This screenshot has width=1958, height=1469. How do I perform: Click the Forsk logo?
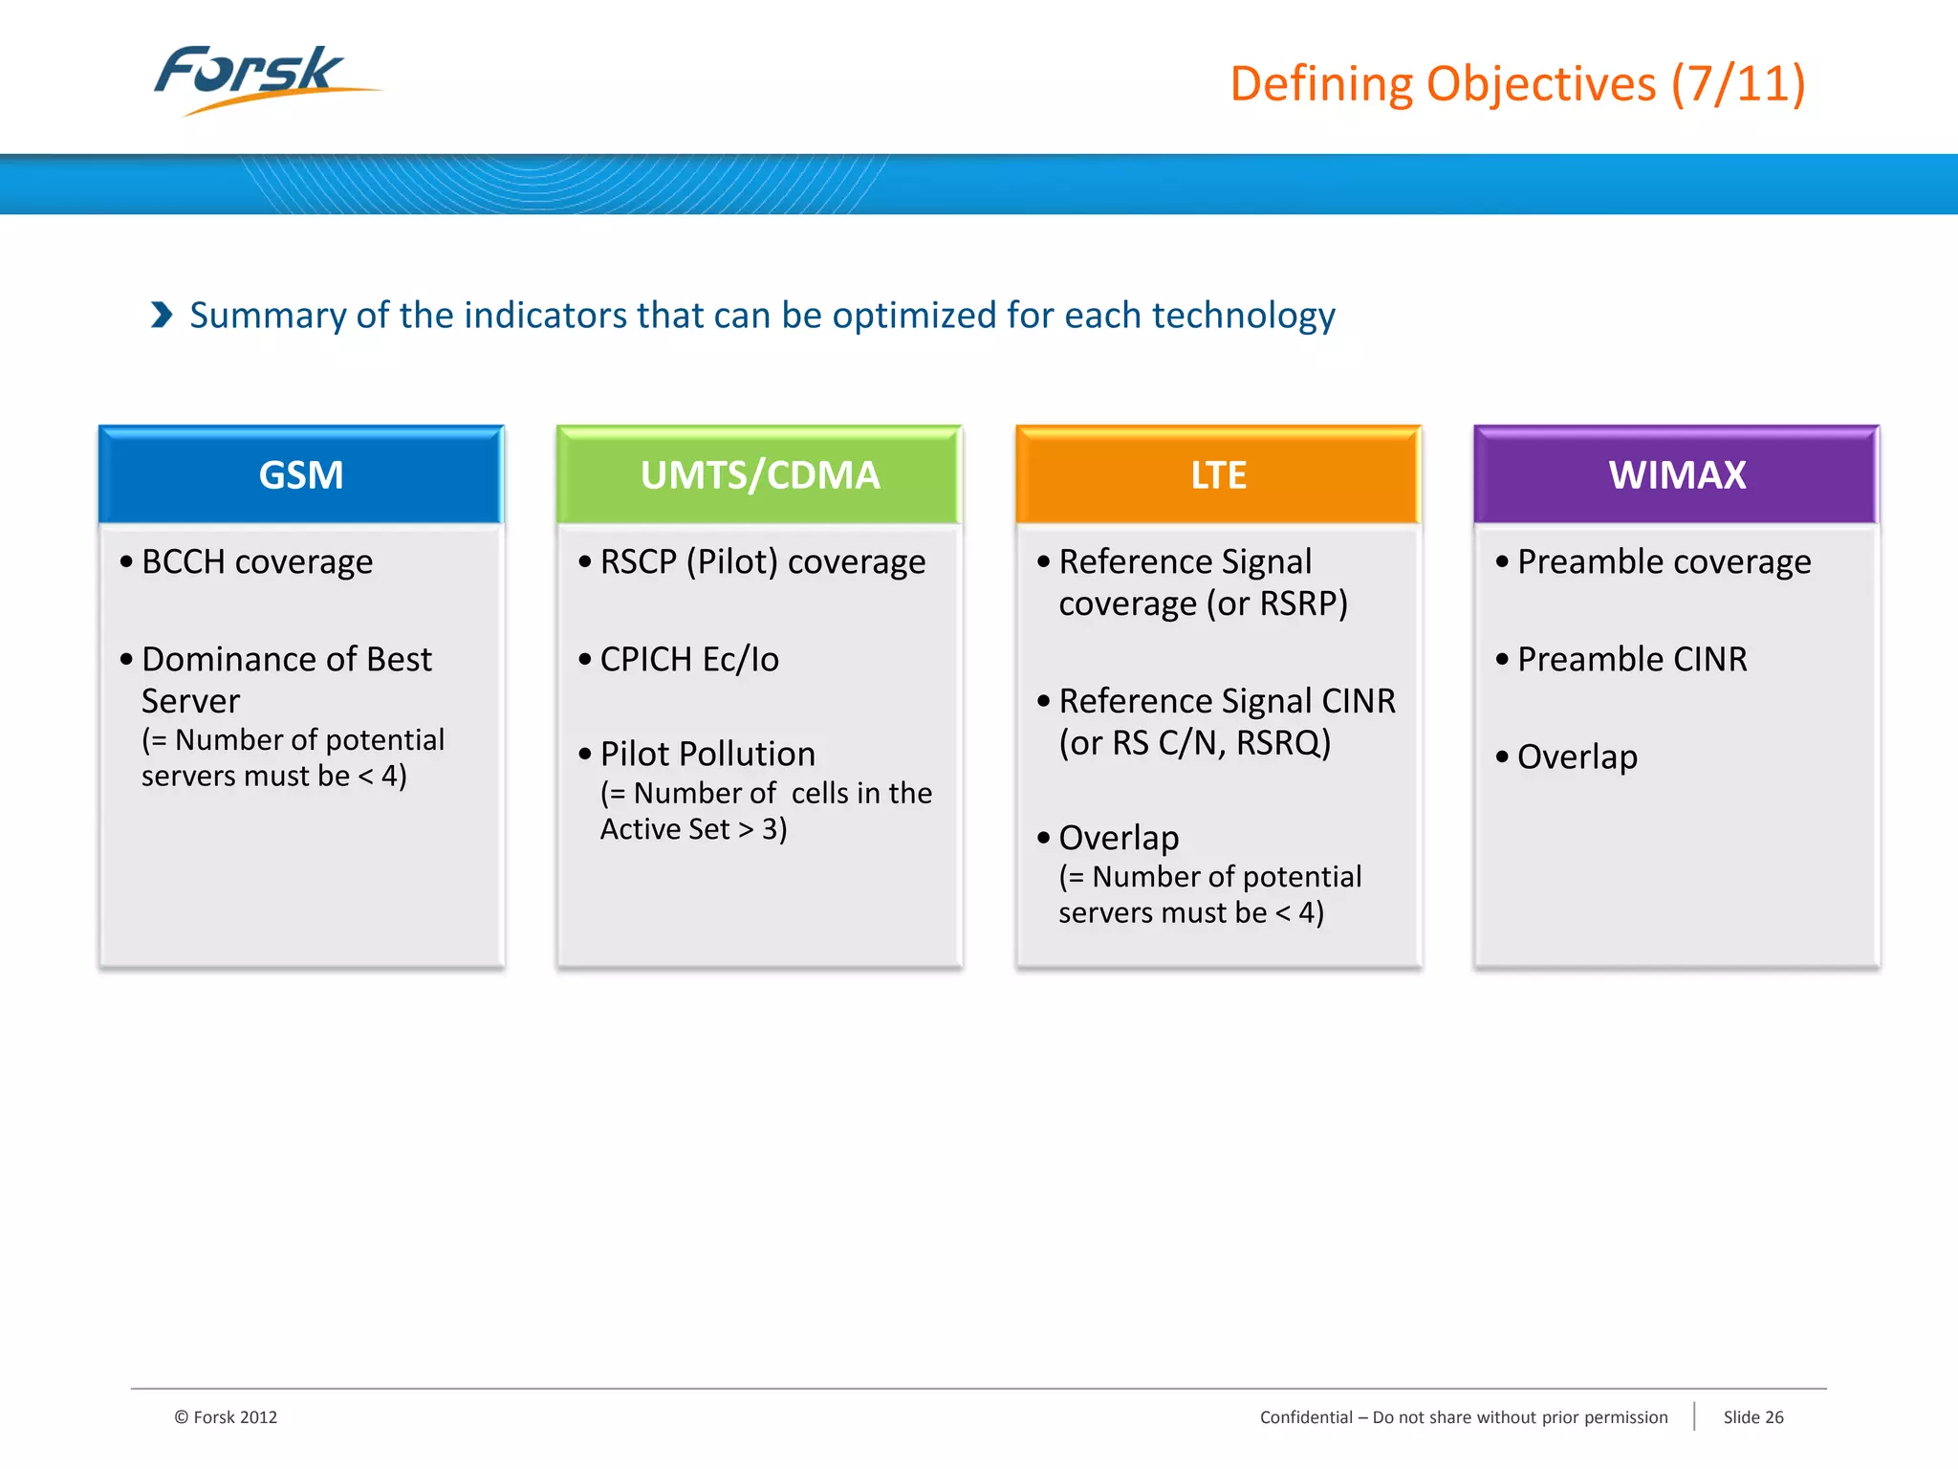(253, 77)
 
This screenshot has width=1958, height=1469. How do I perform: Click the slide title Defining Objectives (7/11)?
(1517, 84)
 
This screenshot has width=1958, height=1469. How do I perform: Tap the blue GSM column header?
(301, 475)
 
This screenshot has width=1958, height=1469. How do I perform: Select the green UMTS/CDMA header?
(759, 475)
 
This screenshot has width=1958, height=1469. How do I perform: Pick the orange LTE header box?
(1218, 475)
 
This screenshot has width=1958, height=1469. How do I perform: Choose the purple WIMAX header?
(1676, 475)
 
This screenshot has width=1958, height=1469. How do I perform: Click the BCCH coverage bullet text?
(256, 562)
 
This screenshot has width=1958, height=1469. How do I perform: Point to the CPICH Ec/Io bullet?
(688, 660)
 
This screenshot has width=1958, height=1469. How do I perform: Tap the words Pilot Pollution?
(707, 755)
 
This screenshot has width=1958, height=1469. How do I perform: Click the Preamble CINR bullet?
(1631, 660)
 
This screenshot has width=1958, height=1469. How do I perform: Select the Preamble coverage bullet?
(1664, 562)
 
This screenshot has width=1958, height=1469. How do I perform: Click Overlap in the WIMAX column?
(1577, 757)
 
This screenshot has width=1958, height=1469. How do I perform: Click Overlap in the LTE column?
(1119, 839)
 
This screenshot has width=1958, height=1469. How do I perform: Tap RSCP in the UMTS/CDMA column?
(638, 562)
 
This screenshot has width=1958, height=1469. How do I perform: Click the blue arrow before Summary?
(162, 315)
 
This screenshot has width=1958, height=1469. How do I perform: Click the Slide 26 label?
(1752, 1417)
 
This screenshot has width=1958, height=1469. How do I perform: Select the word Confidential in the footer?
(1306, 1417)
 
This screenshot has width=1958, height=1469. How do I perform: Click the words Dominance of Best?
(287, 660)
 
